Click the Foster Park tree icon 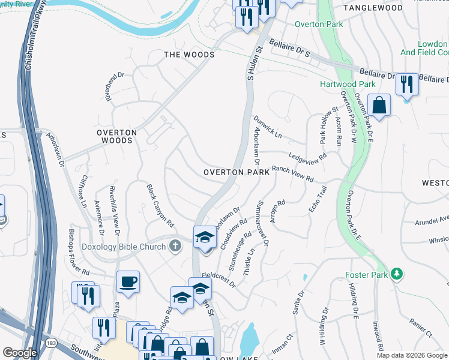(396, 274)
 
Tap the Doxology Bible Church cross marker (175, 245)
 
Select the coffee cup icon (128, 281)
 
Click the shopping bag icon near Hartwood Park (379, 104)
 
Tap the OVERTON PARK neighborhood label (236, 172)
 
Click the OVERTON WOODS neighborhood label (117, 136)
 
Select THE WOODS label (189, 55)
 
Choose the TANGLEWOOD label (373, 8)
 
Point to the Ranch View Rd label (293, 175)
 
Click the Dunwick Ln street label (268, 127)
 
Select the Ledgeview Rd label (307, 156)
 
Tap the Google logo (20, 353)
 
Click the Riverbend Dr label (115, 86)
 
